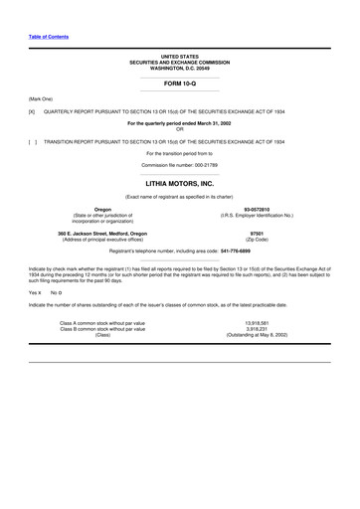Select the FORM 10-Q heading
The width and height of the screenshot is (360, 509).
(180, 85)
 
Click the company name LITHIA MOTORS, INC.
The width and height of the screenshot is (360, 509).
(180, 184)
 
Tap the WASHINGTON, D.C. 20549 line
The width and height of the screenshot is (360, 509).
(180, 68)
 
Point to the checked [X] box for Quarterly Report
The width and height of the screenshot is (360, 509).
(32, 112)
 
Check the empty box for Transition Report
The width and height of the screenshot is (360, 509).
(33, 141)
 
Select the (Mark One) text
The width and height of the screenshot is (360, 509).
(43, 99)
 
